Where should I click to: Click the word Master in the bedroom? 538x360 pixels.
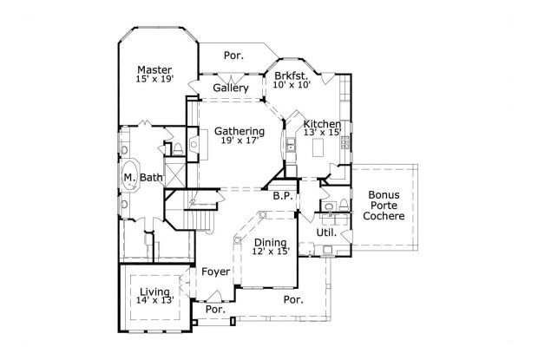point(154,70)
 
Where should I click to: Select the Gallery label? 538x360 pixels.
point(231,88)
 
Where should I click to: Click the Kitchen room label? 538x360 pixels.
point(320,125)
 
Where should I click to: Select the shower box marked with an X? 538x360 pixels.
point(176,177)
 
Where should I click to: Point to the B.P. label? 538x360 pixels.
point(281,196)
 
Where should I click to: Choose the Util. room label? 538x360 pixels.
point(326,233)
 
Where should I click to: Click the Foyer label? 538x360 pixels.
point(215,272)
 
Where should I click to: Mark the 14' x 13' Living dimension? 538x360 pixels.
point(155,301)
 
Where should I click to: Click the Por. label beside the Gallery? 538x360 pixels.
point(233,56)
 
